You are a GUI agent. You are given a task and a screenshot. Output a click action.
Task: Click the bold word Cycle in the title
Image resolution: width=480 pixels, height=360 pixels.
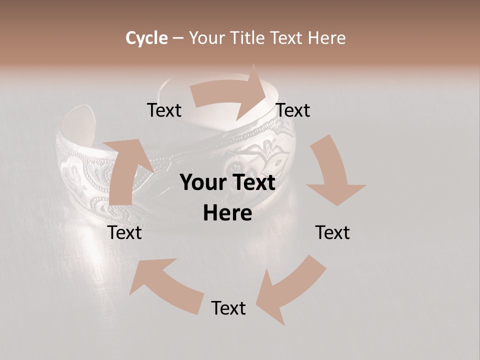coord(146,38)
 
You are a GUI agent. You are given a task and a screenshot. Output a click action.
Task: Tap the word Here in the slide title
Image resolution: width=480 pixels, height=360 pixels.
coord(326,38)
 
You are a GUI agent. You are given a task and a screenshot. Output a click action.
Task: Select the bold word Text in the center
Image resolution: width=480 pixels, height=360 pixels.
coord(251,182)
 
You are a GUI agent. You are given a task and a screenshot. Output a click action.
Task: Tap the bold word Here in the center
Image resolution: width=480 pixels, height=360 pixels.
coord(227,213)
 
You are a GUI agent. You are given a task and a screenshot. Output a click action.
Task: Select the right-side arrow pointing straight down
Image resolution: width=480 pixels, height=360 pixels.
coord(332,172)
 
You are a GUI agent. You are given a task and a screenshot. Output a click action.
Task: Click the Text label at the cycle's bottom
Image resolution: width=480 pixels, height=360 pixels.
coord(228,308)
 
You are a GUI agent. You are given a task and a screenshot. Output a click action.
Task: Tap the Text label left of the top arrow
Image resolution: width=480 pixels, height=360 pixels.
coord(164,110)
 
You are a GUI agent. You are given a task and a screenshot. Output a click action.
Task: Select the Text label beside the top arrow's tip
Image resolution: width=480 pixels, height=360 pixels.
coord(293,110)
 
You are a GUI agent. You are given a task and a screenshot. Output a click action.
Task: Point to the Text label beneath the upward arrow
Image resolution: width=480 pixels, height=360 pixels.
coord(125,232)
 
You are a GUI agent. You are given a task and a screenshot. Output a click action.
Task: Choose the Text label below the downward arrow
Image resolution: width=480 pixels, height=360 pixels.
coord(332,232)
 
